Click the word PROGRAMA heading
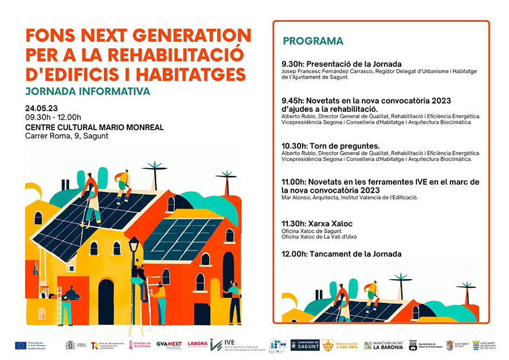pyautogui.click(x=313, y=41)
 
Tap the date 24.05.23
pyautogui.click(x=41, y=108)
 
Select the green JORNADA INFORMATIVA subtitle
pyautogui.click(x=88, y=91)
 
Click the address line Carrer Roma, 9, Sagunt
pyautogui.click(x=66, y=136)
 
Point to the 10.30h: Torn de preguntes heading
pyautogui.click(x=331, y=146)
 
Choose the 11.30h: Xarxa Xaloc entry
pyautogui.click(x=317, y=223)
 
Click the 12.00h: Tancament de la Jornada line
pyautogui.click(x=341, y=253)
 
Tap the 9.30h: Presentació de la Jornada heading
pyautogui.click(x=341, y=64)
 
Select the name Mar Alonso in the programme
pyautogui.click(x=296, y=198)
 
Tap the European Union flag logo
pyautogui.click(x=21, y=345)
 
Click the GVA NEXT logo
pyautogui.click(x=169, y=345)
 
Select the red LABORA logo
pyautogui.click(x=197, y=345)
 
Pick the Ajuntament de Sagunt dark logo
pyautogui.click(x=305, y=345)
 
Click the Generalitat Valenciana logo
pyautogui.click(x=140, y=345)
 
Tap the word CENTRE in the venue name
pyautogui.click(x=42, y=127)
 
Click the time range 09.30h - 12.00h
pyautogui.click(x=53, y=118)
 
